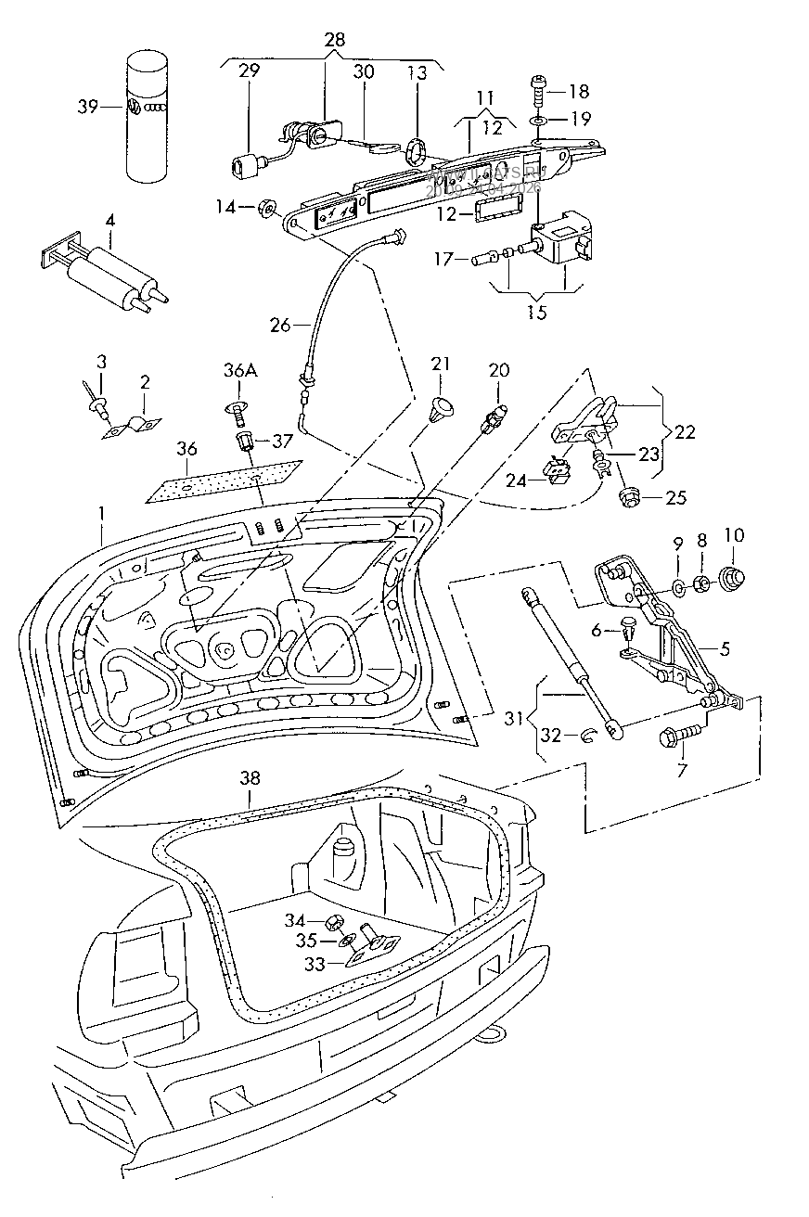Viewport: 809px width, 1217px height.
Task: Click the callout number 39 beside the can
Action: click(86, 107)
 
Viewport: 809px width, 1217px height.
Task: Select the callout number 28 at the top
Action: click(334, 40)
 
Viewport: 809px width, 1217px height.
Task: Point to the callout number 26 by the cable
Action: click(280, 326)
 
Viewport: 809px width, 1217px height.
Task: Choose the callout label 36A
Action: click(239, 372)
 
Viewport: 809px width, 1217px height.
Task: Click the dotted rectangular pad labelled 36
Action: click(225, 480)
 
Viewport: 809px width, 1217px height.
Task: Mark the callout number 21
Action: click(440, 364)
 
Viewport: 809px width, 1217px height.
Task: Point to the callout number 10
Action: click(734, 536)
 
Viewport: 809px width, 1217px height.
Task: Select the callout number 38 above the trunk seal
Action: click(249, 779)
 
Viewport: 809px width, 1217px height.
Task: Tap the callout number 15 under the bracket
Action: click(536, 313)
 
